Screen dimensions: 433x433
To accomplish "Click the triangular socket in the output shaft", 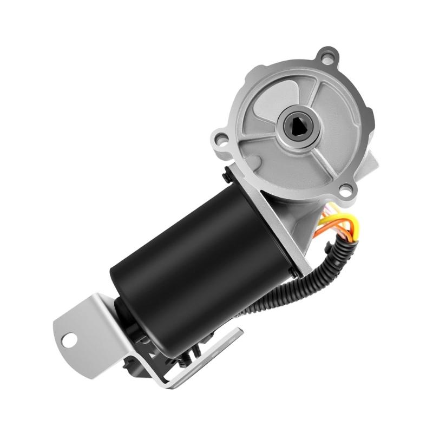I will coord(299,125).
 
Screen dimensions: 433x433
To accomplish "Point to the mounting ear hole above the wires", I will coord(344,189).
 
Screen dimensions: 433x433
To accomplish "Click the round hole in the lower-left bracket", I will coord(69,340).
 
